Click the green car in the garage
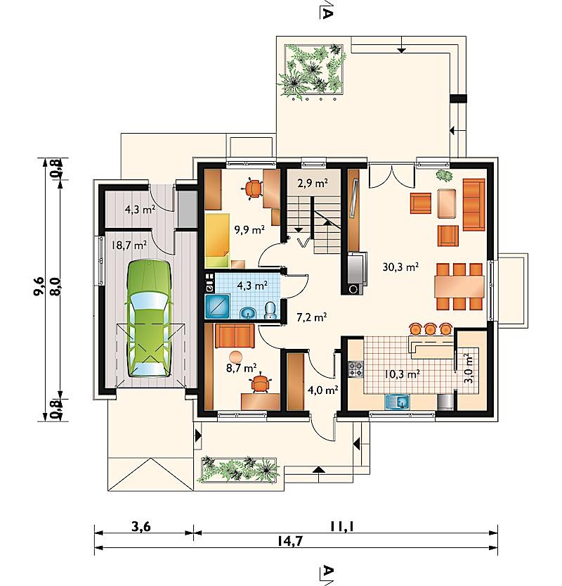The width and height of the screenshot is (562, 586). (x=149, y=319)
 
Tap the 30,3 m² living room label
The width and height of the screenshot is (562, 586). (x=400, y=267)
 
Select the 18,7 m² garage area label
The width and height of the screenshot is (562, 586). (x=129, y=245)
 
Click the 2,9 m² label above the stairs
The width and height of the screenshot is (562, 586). (x=313, y=183)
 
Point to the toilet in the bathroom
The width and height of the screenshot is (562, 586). (x=270, y=310)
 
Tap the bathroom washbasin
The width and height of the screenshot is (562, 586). (x=247, y=313)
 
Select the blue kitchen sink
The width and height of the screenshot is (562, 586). (x=397, y=402)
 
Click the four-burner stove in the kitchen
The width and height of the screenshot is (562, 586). (x=355, y=369)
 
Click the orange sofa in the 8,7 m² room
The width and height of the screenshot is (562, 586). (x=235, y=336)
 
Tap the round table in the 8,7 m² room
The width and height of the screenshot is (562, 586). (x=236, y=356)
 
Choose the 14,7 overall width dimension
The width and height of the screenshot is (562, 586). (x=290, y=541)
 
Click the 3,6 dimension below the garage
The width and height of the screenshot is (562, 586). (x=141, y=527)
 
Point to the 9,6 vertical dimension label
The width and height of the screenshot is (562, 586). (x=39, y=286)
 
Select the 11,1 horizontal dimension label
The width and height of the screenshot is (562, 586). (x=341, y=527)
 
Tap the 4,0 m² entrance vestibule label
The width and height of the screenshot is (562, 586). (x=322, y=390)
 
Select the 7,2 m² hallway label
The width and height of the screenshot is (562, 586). (x=312, y=317)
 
